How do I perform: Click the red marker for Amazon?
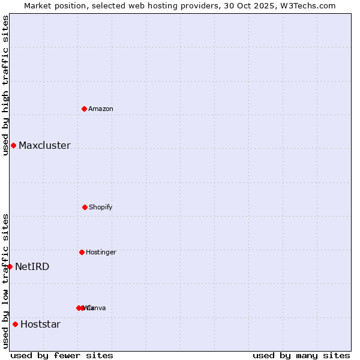pos(85,109)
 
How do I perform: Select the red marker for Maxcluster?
pos(13,145)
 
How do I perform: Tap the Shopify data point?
pos(85,207)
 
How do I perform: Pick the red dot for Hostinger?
pos(82,252)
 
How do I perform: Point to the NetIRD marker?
pos(10,266)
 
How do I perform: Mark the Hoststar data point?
pos(15,324)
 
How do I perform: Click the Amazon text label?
pos(101,109)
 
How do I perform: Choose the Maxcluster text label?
pos(44,145)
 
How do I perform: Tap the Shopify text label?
pos(101,207)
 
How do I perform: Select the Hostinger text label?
pos(101,252)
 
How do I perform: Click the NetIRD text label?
pos(32,266)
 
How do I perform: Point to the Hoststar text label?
pos(40,324)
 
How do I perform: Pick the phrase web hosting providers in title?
pos(179,5)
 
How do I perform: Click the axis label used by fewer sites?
pos(62,355)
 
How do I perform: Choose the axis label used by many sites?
pos(301,355)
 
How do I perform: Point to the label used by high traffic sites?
pos(5,85)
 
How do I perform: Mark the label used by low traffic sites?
pos(5,280)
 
